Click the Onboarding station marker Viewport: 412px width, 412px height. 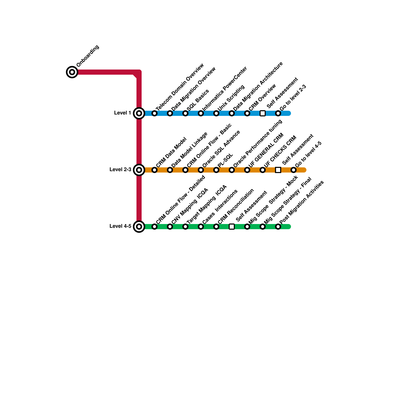click(x=72, y=72)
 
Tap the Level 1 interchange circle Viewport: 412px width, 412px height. click(x=139, y=113)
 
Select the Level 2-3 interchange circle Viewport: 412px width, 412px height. click(x=139, y=170)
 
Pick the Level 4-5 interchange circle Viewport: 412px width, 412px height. click(x=139, y=227)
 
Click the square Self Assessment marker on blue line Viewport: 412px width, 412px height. click(x=263, y=113)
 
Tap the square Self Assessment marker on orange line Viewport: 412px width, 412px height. click(x=278, y=170)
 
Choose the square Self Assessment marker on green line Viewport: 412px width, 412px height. click(x=232, y=227)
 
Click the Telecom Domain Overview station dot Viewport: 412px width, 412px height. click(x=154, y=113)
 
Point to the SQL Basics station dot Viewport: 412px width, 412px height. click(x=185, y=113)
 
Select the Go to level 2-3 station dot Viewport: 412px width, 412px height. click(x=278, y=113)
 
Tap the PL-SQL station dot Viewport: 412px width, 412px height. click(x=216, y=170)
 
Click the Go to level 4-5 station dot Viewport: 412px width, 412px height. click(x=294, y=170)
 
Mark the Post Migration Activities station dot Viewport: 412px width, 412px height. click(x=278, y=227)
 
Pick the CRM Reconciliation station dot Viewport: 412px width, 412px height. click(x=216, y=227)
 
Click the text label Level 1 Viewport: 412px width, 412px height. click(x=123, y=113)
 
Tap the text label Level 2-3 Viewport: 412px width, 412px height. click(x=120, y=170)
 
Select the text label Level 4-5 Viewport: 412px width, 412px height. click(x=120, y=226)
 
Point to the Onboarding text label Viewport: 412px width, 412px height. click(x=88, y=56)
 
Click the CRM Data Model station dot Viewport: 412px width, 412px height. click(x=154, y=170)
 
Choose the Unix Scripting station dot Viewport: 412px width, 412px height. click(x=216, y=113)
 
